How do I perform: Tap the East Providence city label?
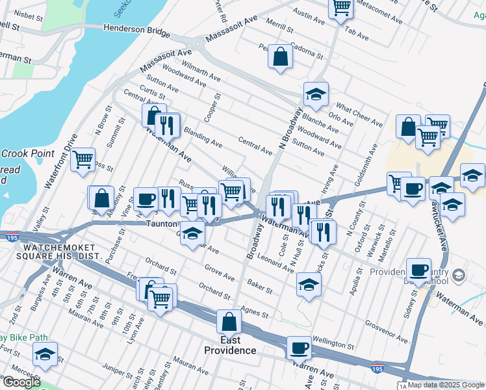tap(230, 345)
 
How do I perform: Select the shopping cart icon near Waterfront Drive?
tap(83, 159)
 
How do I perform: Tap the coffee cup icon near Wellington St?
tap(300, 347)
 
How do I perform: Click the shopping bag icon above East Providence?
tap(229, 321)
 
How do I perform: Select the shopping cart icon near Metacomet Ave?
tap(341, 8)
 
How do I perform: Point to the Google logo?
tap(21, 382)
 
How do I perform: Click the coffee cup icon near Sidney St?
tap(419, 269)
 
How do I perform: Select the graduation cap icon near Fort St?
tap(45, 354)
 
